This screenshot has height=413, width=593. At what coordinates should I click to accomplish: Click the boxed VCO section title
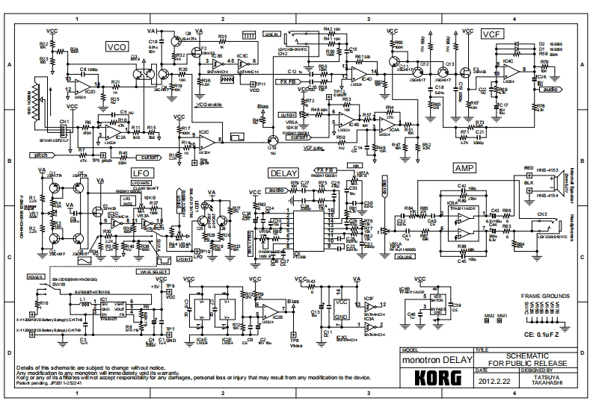(x=117, y=46)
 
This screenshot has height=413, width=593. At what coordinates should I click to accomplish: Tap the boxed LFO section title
(x=142, y=173)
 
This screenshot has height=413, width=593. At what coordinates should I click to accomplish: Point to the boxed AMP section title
(x=464, y=170)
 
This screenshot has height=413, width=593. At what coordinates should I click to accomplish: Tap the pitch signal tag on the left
(x=41, y=155)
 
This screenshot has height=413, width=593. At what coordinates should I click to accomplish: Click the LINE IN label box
(x=271, y=34)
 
